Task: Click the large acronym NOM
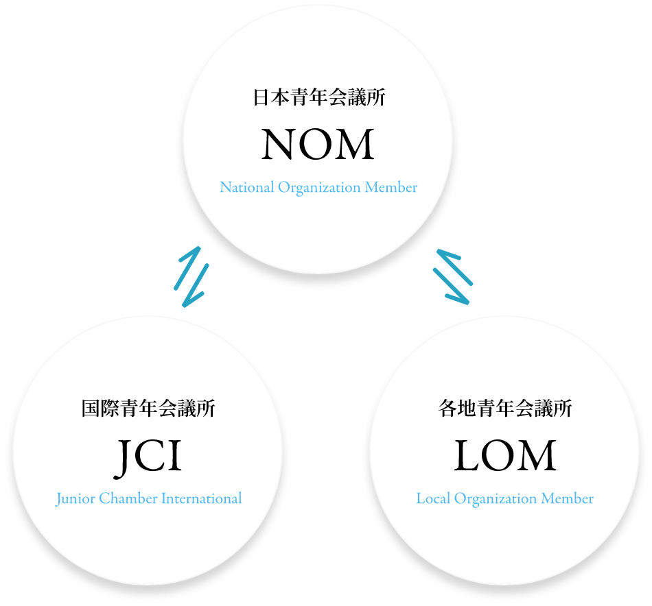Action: (x=318, y=145)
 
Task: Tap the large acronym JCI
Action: (x=148, y=457)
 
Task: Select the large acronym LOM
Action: (x=504, y=457)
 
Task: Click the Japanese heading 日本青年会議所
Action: (x=318, y=97)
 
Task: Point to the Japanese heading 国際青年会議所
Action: (x=148, y=409)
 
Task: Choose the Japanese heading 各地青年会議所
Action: (x=504, y=409)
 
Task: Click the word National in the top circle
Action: (x=246, y=187)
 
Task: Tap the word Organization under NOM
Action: (x=319, y=188)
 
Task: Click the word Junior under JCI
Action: (x=75, y=499)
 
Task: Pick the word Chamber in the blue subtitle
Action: (x=128, y=498)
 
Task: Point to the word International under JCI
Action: (x=201, y=498)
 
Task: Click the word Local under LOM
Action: (x=433, y=498)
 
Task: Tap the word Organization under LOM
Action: (x=496, y=499)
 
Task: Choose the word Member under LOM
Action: (x=568, y=498)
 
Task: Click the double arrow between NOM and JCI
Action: (x=191, y=276)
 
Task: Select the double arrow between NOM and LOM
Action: (x=452, y=276)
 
